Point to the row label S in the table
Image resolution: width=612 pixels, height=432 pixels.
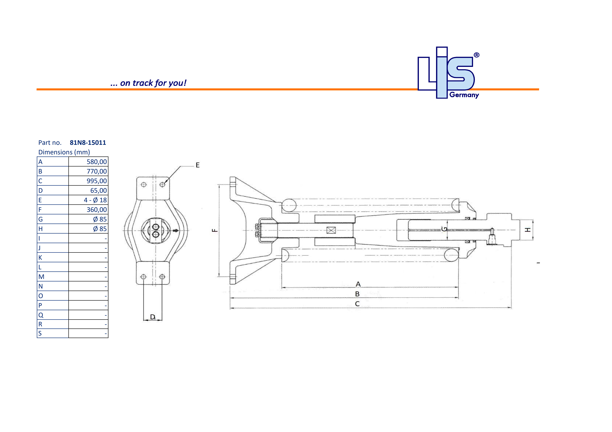(40, 333)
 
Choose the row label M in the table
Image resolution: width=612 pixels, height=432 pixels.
(41, 277)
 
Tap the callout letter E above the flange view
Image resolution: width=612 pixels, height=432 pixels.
(197, 165)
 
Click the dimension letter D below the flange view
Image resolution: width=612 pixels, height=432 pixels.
(152, 317)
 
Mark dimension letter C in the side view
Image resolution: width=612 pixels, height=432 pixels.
(357, 304)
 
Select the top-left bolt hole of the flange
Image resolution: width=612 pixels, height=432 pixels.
(144, 184)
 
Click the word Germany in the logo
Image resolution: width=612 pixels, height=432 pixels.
(464, 95)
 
